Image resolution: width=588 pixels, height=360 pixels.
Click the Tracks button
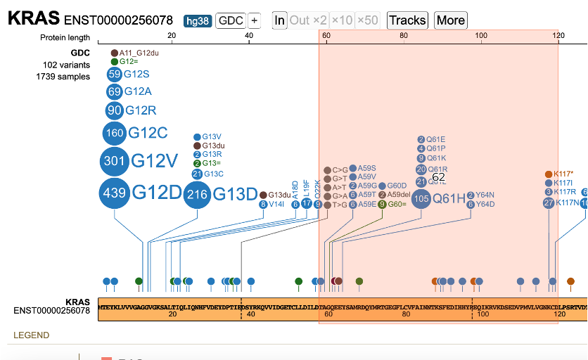pyautogui.click(x=408, y=20)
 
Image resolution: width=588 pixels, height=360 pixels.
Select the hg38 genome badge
pyautogui.click(x=198, y=20)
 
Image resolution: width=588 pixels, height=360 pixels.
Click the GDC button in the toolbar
pyautogui.click(x=231, y=20)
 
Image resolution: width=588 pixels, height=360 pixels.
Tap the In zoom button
pyautogui.click(x=280, y=20)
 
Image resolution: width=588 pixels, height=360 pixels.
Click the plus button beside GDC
pyautogui.click(x=254, y=20)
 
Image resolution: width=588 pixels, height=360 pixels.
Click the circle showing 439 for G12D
pyautogui.click(x=115, y=193)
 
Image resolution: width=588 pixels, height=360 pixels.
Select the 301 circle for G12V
pyautogui.click(x=115, y=161)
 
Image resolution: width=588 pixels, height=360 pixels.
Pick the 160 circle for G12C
pyautogui.click(x=115, y=133)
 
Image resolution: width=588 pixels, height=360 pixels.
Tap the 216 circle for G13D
pyautogui.click(x=198, y=195)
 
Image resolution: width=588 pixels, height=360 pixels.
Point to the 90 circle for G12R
pyautogui.click(x=115, y=110)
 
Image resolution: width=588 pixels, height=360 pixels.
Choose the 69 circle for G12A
pyautogui.click(x=115, y=91)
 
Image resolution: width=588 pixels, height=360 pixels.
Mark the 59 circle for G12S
pyautogui.click(x=115, y=74)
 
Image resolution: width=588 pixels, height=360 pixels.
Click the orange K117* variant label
pyautogui.click(x=563, y=174)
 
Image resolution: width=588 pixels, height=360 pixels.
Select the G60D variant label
pyautogui.click(x=397, y=186)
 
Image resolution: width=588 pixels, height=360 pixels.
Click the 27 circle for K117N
pyautogui.click(x=549, y=203)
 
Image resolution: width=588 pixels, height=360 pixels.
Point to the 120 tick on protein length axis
pyautogui.click(x=558, y=35)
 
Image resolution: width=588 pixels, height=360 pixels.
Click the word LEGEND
pyautogui.click(x=32, y=335)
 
